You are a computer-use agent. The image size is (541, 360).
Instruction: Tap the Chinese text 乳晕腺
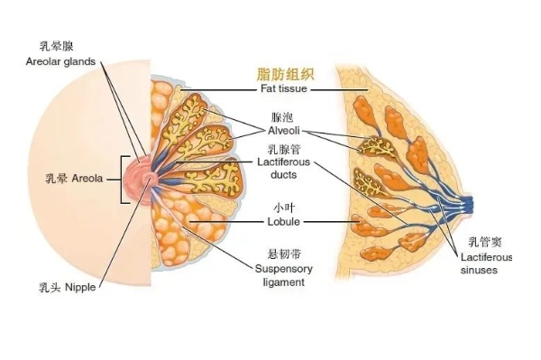coord(58,44)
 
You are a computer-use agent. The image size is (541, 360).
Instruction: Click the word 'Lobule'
coord(282,221)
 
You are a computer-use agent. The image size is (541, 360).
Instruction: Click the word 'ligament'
coord(281,282)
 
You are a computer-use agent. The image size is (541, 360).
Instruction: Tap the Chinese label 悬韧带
coord(281,254)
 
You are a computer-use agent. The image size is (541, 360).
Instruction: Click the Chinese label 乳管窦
coord(482,243)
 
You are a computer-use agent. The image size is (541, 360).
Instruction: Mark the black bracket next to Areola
coord(121,178)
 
